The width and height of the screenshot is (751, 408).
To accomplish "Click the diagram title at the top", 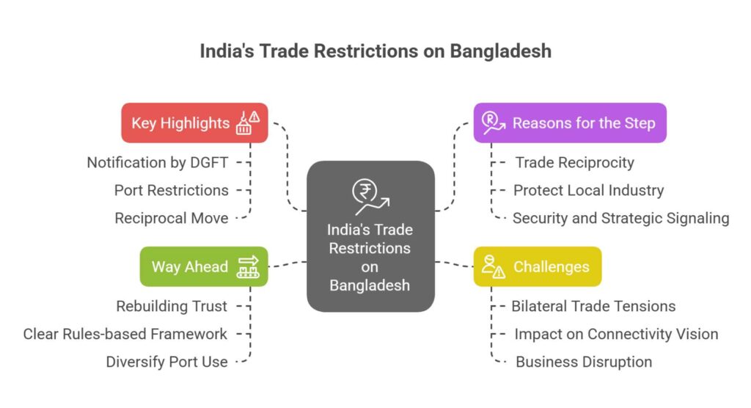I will point(375,53).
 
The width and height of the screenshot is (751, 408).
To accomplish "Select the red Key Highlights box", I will point(194,123).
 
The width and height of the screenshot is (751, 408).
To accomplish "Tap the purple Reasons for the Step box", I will point(569,123).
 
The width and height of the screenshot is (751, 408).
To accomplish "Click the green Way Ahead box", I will point(203,266).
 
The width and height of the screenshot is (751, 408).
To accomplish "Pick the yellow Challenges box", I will point(537,266).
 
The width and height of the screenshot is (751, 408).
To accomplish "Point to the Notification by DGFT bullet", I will point(158,162).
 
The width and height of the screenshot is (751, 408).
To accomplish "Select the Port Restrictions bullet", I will point(171,190).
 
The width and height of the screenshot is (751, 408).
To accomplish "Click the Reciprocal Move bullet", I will point(172,218).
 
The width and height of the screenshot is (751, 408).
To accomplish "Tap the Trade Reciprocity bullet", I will point(574,162).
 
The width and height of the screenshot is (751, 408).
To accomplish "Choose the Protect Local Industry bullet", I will point(588,190).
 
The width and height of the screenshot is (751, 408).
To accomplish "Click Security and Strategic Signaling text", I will point(620,218).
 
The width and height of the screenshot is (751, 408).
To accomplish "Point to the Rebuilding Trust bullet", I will point(172,306).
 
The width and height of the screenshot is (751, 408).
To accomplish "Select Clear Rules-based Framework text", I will point(125,334).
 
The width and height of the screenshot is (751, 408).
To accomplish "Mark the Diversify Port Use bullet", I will point(166,362).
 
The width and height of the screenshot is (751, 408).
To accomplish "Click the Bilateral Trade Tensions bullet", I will point(593,306).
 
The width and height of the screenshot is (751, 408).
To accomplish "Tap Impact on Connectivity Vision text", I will point(616,334).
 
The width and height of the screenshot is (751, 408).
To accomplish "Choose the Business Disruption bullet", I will point(584,362).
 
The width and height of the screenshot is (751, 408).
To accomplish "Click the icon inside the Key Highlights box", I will point(247,123).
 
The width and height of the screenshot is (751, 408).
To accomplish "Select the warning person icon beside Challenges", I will point(493,266).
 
